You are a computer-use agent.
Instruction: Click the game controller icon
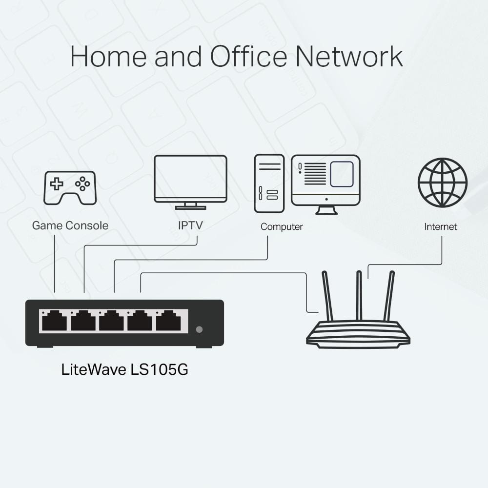pyautogui.click(x=70, y=187)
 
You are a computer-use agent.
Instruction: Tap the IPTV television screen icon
pyautogui.click(x=190, y=179)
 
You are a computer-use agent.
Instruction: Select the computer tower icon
pyautogui.click(x=269, y=183)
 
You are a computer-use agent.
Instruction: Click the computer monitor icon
pyautogui.click(x=325, y=181)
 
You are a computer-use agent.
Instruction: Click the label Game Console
pyautogui.click(x=70, y=225)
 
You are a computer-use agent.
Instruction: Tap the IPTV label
pyautogui.click(x=190, y=225)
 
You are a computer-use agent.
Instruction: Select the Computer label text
pyautogui.click(x=282, y=226)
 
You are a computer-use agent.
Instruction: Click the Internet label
pyautogui.click(x=441, y=226)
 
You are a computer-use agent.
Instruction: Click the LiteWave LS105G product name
pyautogui.click(x=125, y=369)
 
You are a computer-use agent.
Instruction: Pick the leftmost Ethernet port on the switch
pyautogui.click(x=54, y=322)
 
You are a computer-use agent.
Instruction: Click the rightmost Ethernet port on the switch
pyautogui.click(x=168, y=322)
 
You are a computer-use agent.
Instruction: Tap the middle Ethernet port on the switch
pyautogui.click(x=111, y=322)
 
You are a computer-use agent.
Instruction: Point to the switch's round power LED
pyautogui.click(x=199, y=329)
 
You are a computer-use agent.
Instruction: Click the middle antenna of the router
pyautogui.click(x=359, y=295)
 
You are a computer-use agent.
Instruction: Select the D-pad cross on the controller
pyautogui.click(x=57, y=184)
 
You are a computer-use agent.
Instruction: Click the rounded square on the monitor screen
pyautogui.click(x=342, y=174)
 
